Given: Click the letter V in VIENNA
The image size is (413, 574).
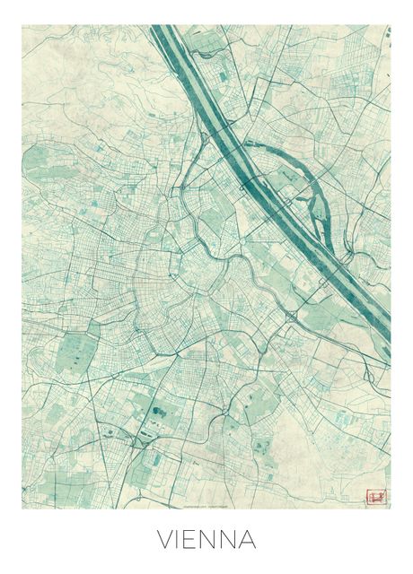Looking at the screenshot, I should pyautogui.click(x=165, y=540).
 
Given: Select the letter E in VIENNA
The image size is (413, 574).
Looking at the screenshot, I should pyautogui.click(x=193, y=540).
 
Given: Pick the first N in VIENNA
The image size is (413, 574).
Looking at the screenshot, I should pyautogui.click(x=212, y=540).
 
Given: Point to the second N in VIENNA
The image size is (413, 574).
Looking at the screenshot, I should pyautogui.click(x=233, y=540).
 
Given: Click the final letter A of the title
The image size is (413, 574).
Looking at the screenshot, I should pyautogui.click(x=250, y=540).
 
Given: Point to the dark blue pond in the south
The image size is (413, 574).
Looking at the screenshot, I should pyautogui.click(x=159, y=413).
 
